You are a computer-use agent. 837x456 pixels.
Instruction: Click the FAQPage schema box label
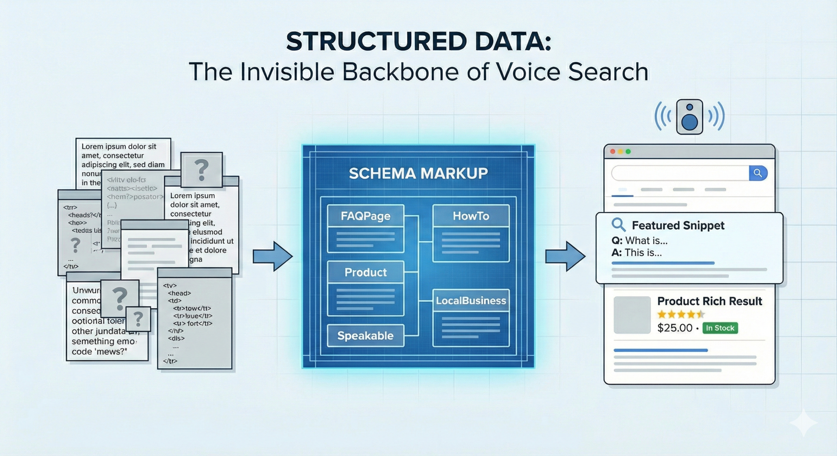pyautogui.click(x=366, y=216)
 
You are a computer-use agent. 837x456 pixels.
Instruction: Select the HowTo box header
pyautogui.click(x=471, y=216)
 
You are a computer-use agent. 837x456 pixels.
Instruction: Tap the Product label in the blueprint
pyautogui.click(x=366, y=272)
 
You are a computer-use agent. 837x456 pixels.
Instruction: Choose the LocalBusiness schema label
pyautogui.click(x=471, y=301)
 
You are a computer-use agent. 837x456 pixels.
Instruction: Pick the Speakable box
pyautogui.click(x=366, y=335)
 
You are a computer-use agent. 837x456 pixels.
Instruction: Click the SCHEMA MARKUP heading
pyautogui.click(x=418, y=173)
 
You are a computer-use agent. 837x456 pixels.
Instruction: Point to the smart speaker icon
pyautogui.click(x=690, y=117)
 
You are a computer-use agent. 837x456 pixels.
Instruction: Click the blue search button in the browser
pyautogui.click(x=758, y=173)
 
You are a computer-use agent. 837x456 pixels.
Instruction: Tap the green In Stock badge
pyautogui.click(x=720, y=328)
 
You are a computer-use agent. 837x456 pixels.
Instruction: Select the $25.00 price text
pyautogui.click(x=675, y=328)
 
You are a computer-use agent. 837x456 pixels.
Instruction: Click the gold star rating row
pyautogui.click(x=681, y=315)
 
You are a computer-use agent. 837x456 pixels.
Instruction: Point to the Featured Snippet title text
pyautogui.click(x=678, y=225)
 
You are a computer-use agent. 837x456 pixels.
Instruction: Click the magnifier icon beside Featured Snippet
pyautogui.click(x=618, y=225)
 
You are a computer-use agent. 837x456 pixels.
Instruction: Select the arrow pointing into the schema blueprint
pyautogui.click(x=272, y=256)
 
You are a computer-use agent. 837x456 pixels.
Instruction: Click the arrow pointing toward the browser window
pyautogui.click(x=565, y=256)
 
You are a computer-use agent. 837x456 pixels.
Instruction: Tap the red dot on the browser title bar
pyautogui.click(x=613, y=152)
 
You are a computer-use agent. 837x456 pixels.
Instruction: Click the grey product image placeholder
pyautogui.click(x=632, y=315)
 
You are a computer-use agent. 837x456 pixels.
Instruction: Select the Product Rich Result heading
pyautogui.click(x=709, y=301)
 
